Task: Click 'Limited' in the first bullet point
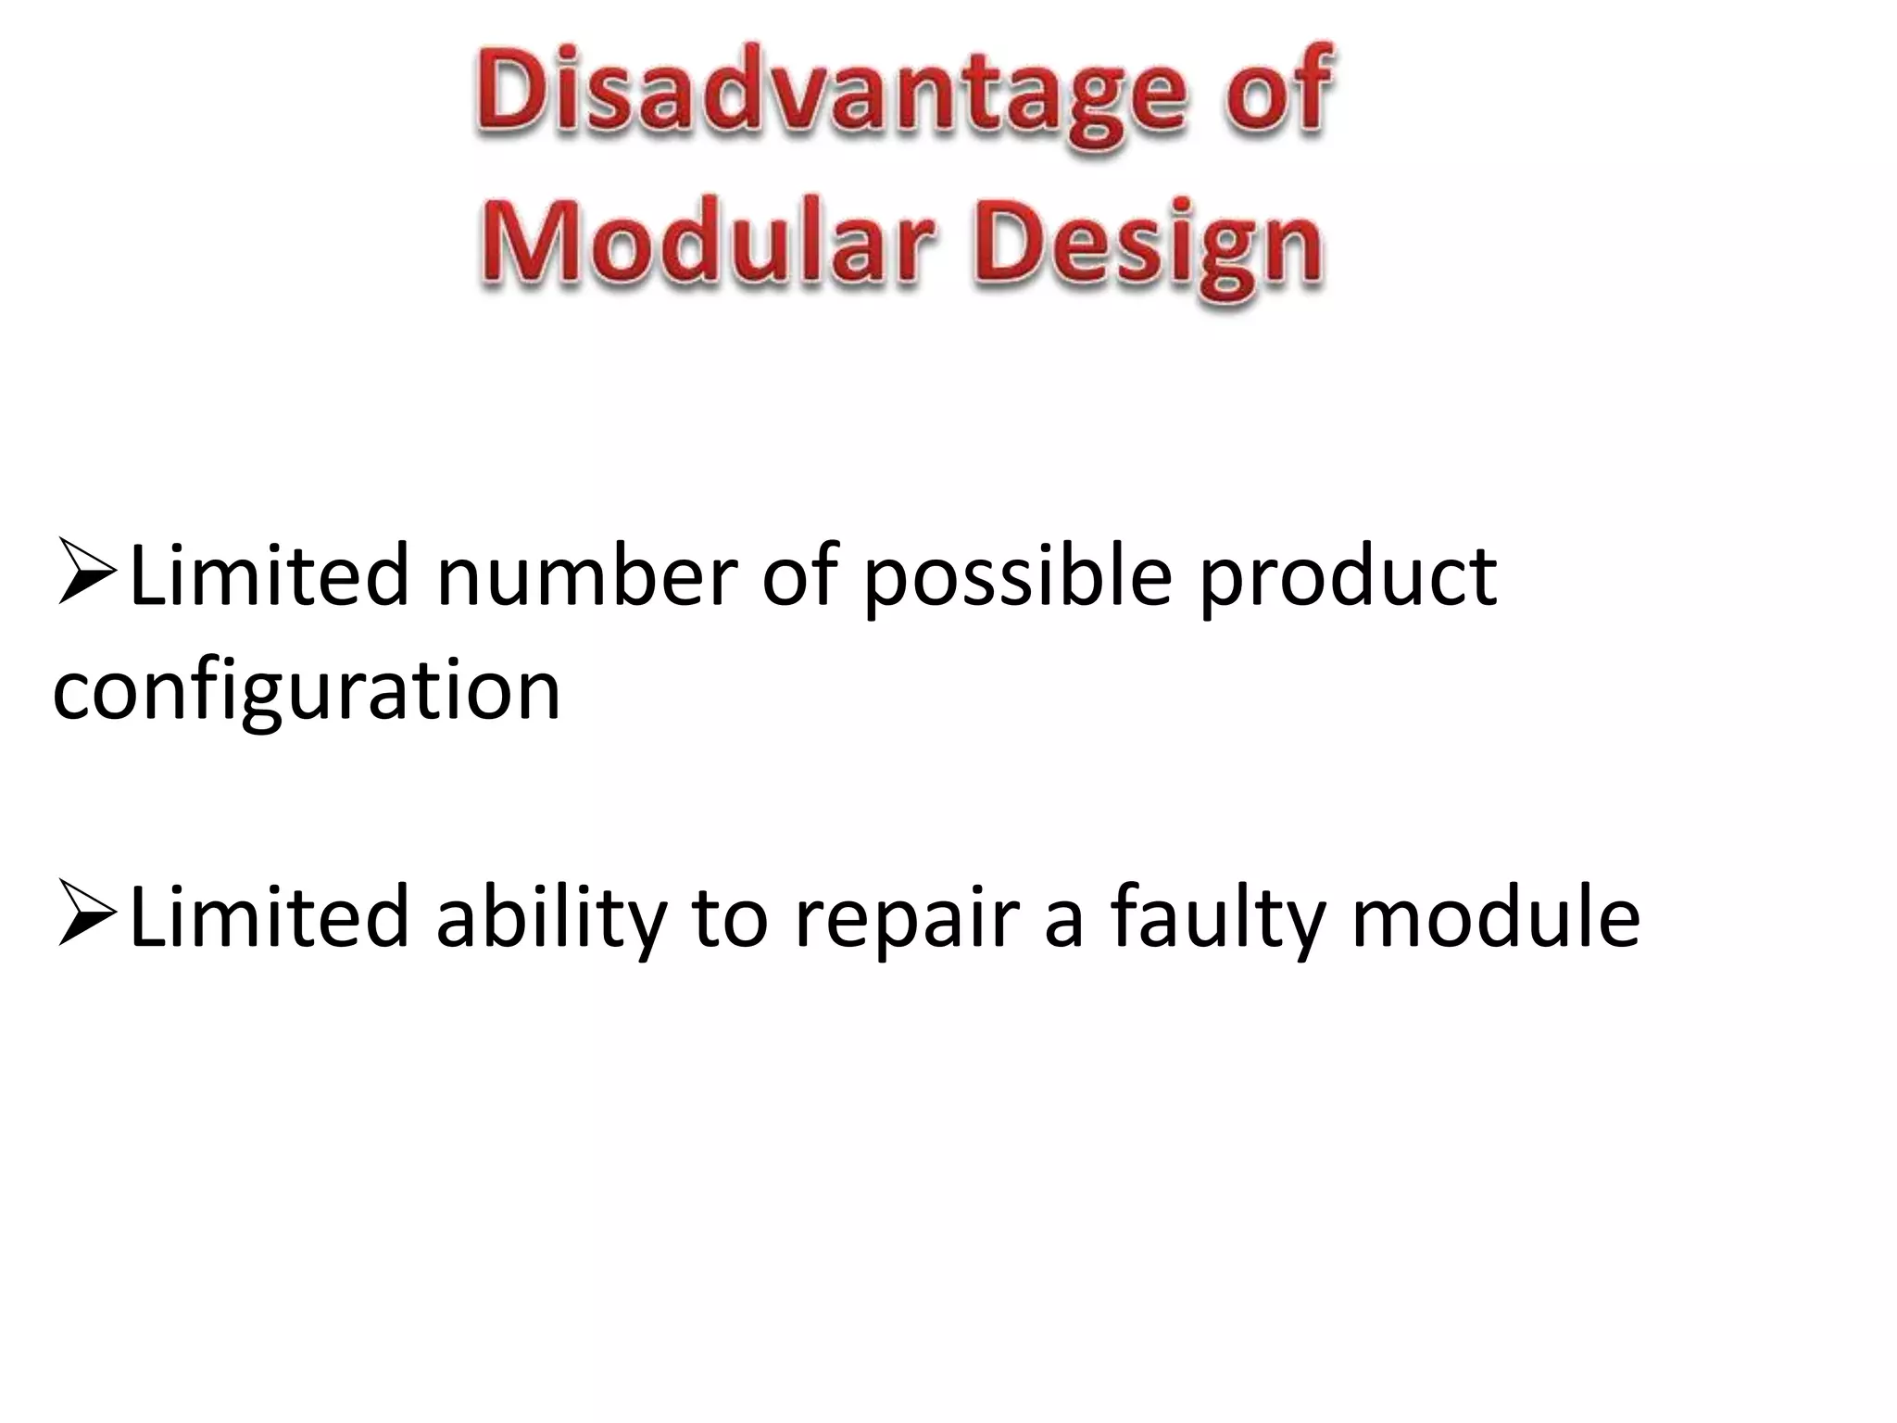pyautogui.click(x=269, y=576)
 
